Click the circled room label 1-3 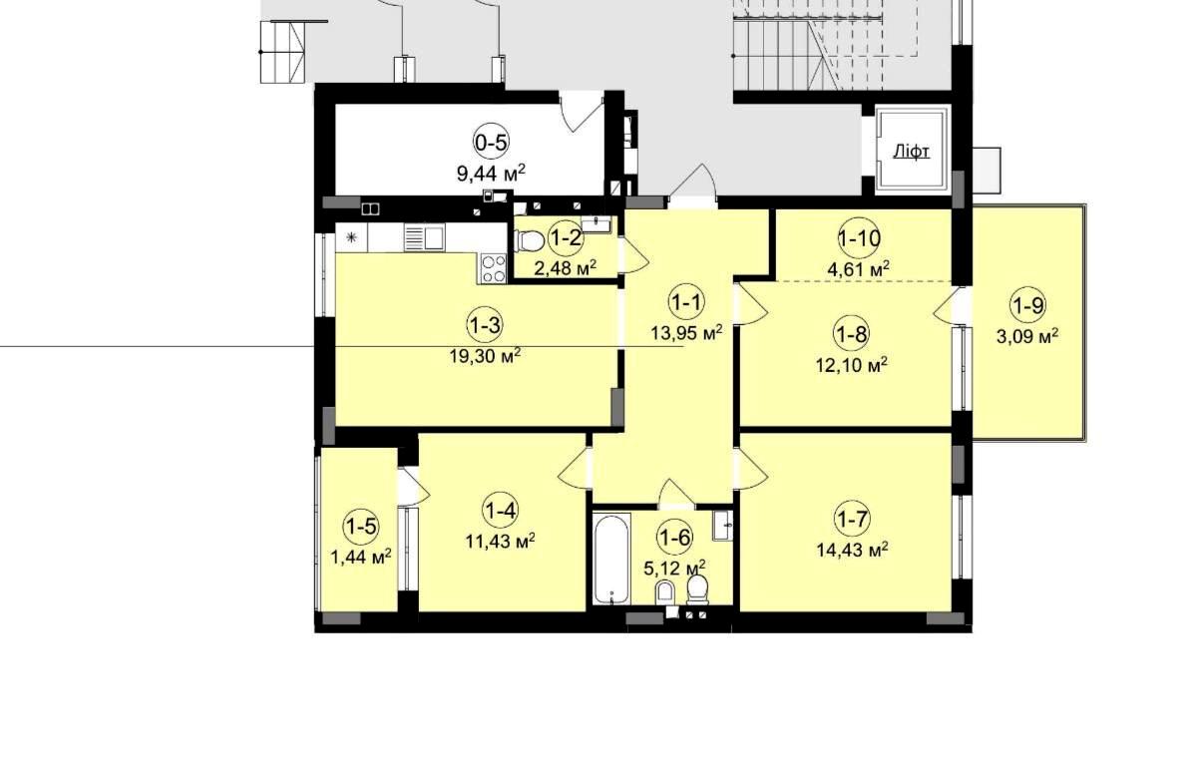[485, 325]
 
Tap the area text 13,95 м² [686, 333]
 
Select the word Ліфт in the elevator [911, 152]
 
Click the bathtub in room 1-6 [612, 559]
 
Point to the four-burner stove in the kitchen [494, 268]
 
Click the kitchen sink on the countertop [424, 238]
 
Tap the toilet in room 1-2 [528, 240]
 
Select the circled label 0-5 [492, 143]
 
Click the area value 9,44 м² [491, 174]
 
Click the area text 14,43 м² [852, 550]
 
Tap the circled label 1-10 [860, 237]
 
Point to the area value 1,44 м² [361, 557]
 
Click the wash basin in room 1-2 [596, 224]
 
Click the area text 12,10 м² [852, 365]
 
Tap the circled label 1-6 [675, 538]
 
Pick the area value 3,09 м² [1027, 338]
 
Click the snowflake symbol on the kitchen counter [351, 237]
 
